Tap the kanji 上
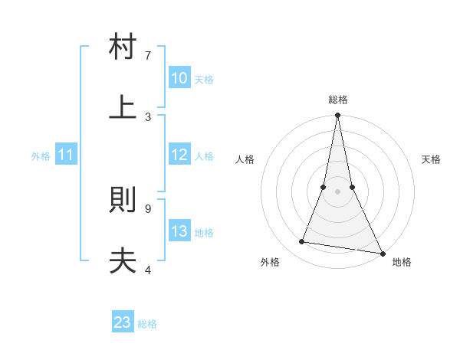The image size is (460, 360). point(123,106)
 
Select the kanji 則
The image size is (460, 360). point(123,201)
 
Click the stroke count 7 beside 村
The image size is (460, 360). point(147,56)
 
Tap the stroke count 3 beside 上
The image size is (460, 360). point(147,116)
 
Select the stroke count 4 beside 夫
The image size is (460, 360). point(147,270)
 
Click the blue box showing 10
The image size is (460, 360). point(179,78)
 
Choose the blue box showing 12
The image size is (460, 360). point(179,155)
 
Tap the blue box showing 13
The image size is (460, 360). point(179,231)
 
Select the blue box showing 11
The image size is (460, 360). point(66,155)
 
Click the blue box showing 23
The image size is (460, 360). point(123,322)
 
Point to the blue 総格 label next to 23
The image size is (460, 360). point(147,324)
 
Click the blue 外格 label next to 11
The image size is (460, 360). point(41,156)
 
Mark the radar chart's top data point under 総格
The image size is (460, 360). point(337,116)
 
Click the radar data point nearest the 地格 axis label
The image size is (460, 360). point(381,254)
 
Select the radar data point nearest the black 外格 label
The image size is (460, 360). point(302,242)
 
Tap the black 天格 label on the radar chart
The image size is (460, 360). point(432,159)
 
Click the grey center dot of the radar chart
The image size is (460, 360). point(337,191)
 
